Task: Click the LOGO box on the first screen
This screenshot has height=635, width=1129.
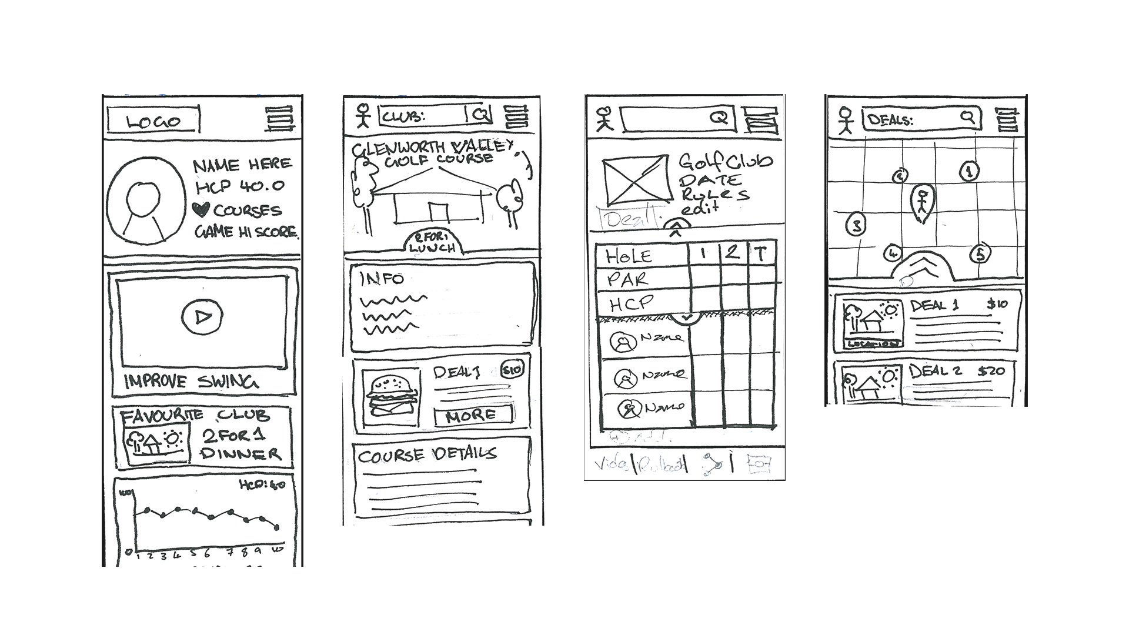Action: point(153,121)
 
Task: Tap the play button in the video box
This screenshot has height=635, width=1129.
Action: point(202,317)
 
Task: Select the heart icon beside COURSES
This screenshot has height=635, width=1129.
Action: point(202,209)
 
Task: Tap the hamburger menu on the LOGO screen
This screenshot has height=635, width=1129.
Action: point(279,119)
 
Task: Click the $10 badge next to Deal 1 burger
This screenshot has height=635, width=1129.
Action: point(511,370)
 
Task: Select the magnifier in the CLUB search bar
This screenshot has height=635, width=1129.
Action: point(482,115)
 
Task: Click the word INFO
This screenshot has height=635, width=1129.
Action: point(382,279)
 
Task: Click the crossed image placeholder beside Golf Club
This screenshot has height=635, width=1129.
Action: point(636,179)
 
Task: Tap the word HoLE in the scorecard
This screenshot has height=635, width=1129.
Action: point(629,256)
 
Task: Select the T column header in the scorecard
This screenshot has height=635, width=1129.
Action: point(761,254)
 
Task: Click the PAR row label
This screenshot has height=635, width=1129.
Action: point(627,279)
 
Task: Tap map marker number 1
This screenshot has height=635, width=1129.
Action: point(969,172)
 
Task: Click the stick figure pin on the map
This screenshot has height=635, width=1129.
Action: point(922,202)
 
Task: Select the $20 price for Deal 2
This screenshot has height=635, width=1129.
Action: point(991,371)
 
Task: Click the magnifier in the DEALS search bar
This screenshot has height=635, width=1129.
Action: point(967,118)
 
